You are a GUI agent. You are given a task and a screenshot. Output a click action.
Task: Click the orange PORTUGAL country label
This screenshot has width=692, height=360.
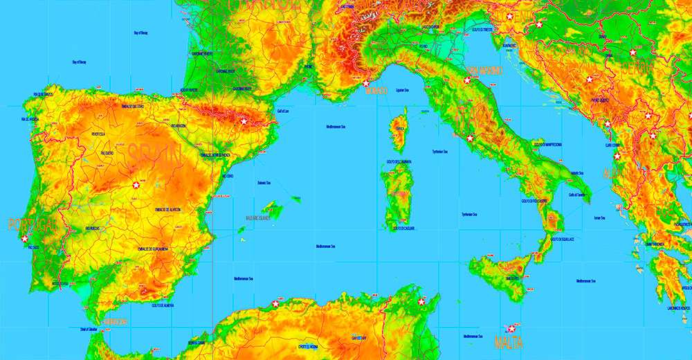pos(32,224)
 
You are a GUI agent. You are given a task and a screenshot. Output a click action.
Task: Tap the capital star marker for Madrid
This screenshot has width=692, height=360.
pos(136,185)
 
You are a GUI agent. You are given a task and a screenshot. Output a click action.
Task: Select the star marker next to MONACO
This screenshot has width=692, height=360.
pos(366,83)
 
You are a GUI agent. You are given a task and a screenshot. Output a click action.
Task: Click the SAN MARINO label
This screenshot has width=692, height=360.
pos(484,70)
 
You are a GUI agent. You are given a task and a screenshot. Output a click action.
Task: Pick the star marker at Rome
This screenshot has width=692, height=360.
pos(470,138)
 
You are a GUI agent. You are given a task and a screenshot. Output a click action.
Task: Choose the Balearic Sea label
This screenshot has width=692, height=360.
pos(264,183)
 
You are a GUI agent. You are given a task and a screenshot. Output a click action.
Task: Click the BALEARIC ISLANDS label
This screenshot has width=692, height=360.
pos(259,217)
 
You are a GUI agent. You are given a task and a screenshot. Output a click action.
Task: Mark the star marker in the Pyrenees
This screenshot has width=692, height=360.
pos(244,121)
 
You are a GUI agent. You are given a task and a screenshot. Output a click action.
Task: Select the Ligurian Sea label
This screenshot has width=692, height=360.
pos(403,90)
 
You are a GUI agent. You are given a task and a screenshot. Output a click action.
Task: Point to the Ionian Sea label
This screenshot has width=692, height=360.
pos(599,219)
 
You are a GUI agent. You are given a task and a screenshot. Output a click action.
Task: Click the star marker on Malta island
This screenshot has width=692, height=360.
pos(512,329)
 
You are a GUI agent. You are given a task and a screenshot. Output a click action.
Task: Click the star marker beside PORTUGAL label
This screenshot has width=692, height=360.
pos(25,238)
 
